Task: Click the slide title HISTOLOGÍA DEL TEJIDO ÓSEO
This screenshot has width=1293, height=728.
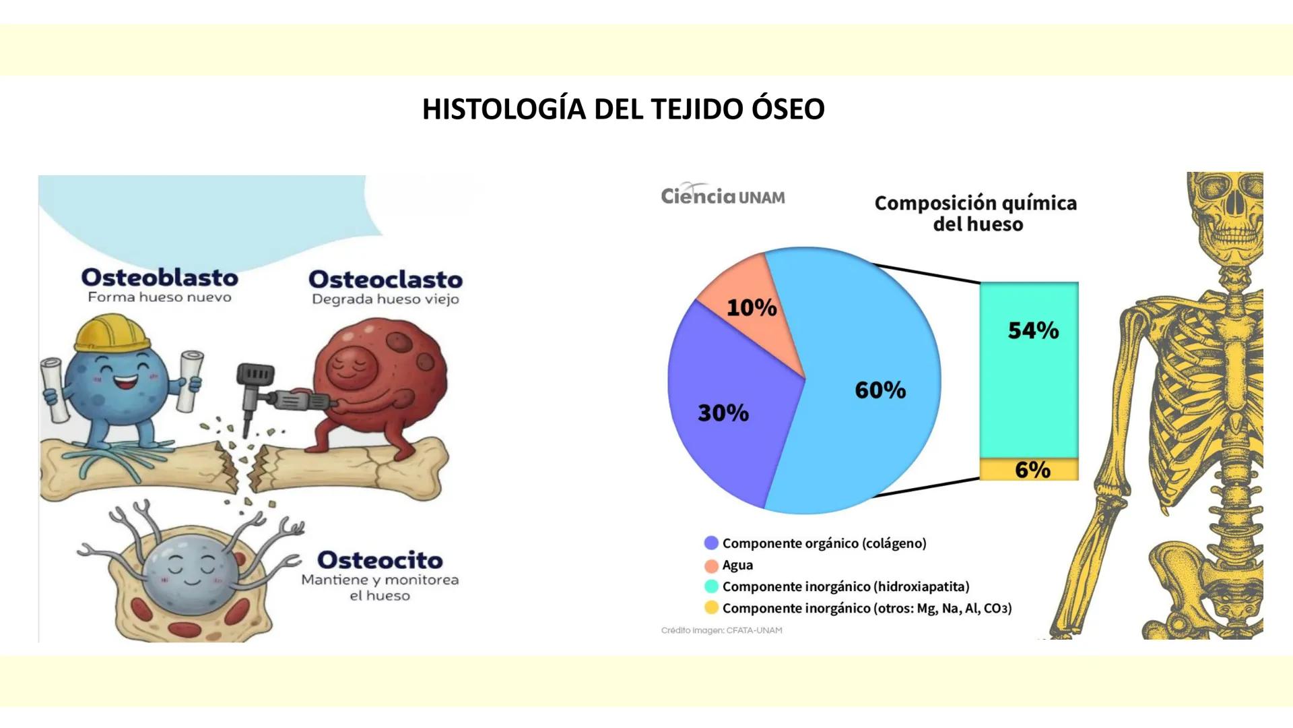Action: pos(623,109)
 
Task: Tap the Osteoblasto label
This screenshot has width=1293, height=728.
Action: pos(160,277)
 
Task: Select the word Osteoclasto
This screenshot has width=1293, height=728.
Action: pos(385,279)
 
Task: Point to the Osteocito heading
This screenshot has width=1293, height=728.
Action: pos(380,559)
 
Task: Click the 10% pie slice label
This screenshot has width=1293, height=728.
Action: pos(751,307)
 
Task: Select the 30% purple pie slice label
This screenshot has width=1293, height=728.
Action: pos(723,413)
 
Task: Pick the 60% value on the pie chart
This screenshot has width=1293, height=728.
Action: pos(880,390)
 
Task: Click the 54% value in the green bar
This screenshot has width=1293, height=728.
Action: pos(1032,330)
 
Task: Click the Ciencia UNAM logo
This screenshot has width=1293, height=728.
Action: pos(723,195)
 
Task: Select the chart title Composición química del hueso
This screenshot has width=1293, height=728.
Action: pos(975,213)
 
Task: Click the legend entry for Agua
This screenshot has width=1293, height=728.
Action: pos(737,565)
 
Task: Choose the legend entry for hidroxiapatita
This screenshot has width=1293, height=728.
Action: pos(845,586)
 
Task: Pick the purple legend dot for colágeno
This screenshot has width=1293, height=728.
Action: pos(711,543)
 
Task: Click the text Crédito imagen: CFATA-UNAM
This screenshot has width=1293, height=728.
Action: pos(721,630)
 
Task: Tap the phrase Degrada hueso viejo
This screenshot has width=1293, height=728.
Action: pos(385,299)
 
